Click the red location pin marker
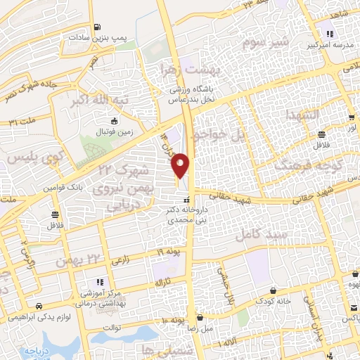(181, 164)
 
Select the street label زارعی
(120, 259)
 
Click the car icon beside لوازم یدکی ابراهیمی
(37, 306)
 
